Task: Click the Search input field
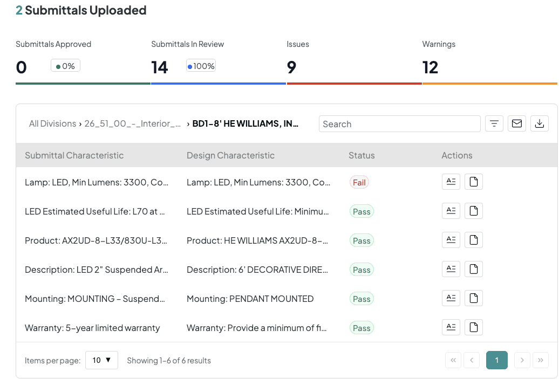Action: (x=399, y=124)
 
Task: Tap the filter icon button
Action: (x=494, y=123)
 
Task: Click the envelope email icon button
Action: (x=516, y=123)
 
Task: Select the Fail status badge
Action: (x=359, y=182)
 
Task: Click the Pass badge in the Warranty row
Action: (x=362, y=328)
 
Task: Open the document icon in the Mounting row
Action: (x=473, y=298)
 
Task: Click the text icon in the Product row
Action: (x=451, y=240)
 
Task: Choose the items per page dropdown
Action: (x=101, y=360)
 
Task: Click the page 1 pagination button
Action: (x=496, y=360)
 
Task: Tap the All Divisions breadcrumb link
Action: (x=52, y=123)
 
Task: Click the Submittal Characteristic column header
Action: (x=74, y=155)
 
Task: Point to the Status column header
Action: (x=362, y=155)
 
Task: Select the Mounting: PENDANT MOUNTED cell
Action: (x=250, y=299)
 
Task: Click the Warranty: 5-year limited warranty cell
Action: (x=92, y=328)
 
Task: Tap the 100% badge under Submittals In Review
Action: (x=201, y=66)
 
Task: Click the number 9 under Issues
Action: (x=291, y=67)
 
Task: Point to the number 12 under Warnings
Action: (x=430, y=67)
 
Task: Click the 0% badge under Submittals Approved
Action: (x=66, y=66)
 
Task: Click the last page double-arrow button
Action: (x=541, y=360)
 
